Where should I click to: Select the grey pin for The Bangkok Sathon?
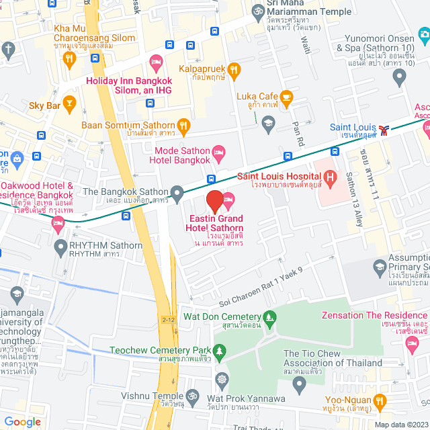(x=177, y=196)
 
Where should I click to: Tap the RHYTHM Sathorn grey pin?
(x=60, y=245)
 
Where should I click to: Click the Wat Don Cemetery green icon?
(x=269, y=316)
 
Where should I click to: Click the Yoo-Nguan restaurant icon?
(x=380, y=401)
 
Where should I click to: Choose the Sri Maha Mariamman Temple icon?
(x=257, y=11)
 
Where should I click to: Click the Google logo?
(x=22, y=422)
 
